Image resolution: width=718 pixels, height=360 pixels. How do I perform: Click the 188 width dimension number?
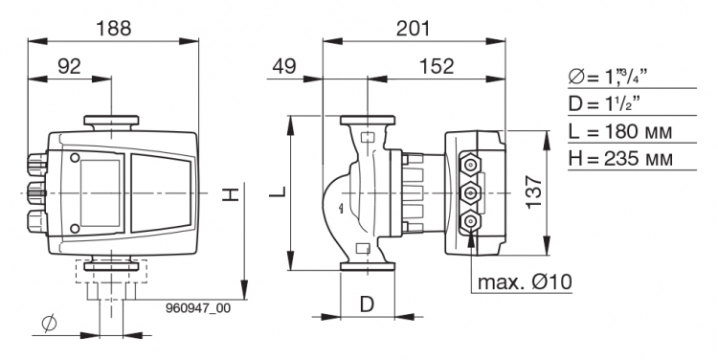pos(113,29)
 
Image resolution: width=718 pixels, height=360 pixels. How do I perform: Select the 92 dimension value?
pos(70,66)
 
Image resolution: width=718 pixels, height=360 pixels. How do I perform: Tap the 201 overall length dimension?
pos(413,29)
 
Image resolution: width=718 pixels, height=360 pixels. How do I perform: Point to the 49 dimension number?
pos(284,66)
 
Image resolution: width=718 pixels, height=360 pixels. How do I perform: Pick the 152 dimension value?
pos(437,66)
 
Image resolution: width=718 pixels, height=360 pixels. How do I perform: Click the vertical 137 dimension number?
pos(534,192)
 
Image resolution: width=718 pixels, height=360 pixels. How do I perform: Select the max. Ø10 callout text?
pos(525,281)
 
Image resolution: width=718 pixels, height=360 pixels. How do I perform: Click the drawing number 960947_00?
pos(198,308)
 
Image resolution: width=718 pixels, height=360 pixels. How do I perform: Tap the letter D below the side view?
pos(367,304)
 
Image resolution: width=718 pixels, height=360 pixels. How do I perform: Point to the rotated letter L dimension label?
pos(277,191)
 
